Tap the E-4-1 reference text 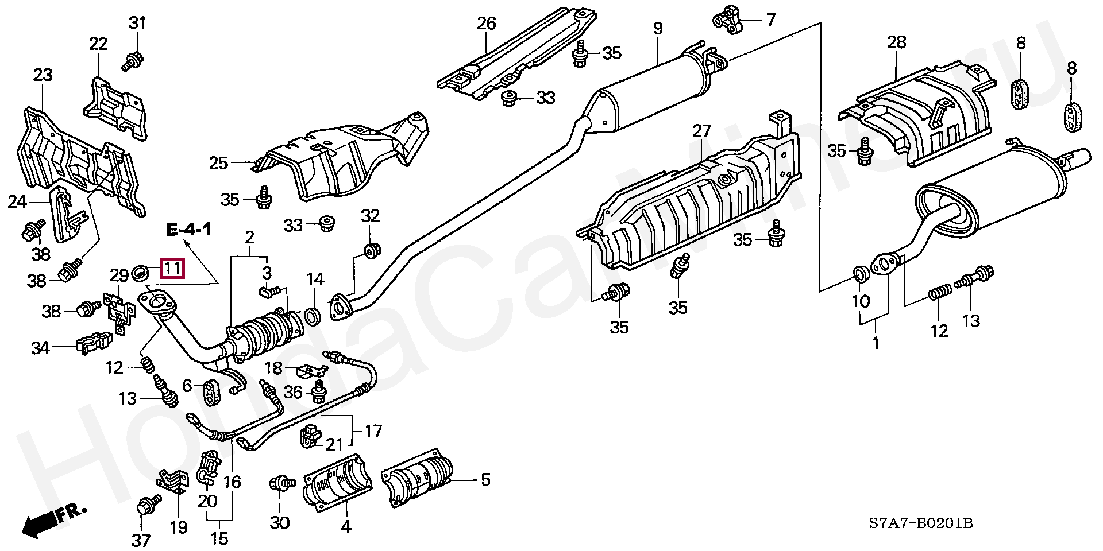(x=189, y=231)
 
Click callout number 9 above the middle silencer (x=658, y=28)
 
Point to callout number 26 (x=486, y=24)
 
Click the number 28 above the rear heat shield (x=896, y=42)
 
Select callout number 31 (x=137, y=24)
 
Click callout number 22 (x=98, y=43)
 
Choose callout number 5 (x=485, y=479)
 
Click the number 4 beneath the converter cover (x=346, y=526)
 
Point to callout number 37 (x=141, y=540)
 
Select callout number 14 (x=315, y=280)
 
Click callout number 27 (x=701, y=131)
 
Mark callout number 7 (x=770, y=20)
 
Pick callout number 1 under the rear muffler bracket (x=876, y=343)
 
